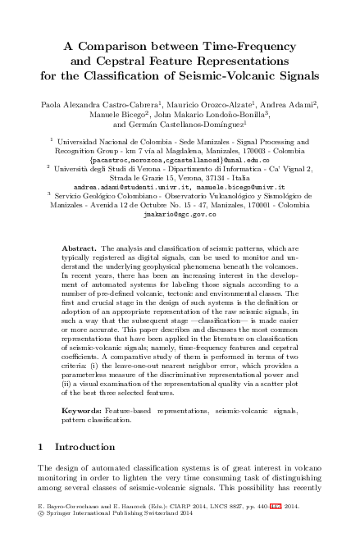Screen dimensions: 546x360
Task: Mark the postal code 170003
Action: click(255, 150)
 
